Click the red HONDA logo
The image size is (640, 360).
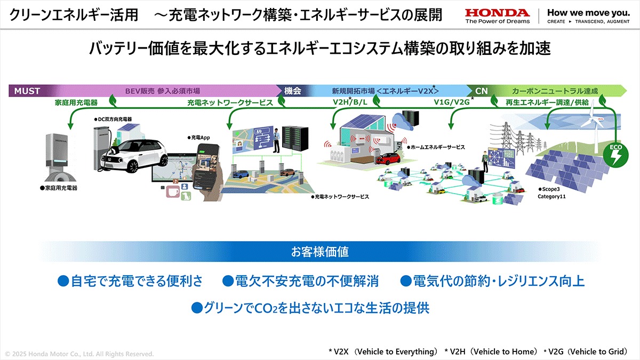(x=498, y=13)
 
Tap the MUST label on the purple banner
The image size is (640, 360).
(x=27, y=91)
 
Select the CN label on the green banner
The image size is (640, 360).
(x=482, y=91)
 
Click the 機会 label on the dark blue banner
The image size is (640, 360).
(x=293, y=91)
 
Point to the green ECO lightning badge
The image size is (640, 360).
(x=615, y=155)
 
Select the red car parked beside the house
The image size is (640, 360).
(x=388, y=158)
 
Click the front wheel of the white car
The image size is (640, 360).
(x=132, y=166)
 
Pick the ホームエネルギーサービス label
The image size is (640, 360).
(x=436, y=147)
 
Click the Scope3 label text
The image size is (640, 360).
(x=549, y=189)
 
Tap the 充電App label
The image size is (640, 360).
(x=198, y=138)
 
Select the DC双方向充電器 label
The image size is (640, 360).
(x=113, y=119)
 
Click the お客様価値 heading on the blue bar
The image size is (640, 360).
(x=319, y=252)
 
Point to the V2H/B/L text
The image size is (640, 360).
(x=350, y=102)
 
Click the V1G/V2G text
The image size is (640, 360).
(x=452, y=102)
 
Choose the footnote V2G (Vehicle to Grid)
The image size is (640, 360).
(x=586, y=351)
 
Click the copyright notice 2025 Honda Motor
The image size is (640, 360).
(x=79, y=354)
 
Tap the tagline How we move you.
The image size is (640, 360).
(x=588, y=13)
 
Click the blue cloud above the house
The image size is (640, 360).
(x=402, y=122)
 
